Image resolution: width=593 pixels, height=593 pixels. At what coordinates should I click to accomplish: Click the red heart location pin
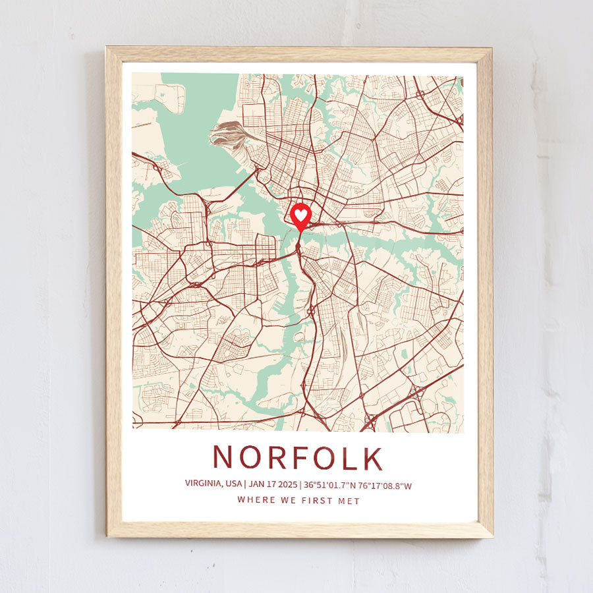[x=300, y=215]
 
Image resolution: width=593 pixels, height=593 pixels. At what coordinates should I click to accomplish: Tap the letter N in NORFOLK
[x=223, y=458]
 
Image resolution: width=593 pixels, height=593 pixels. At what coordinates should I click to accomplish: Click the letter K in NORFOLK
[x=373, y=458]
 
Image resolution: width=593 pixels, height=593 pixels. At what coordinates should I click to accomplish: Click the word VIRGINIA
[x=203, y=484]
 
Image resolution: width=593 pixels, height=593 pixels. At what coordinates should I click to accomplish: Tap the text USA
[x=234, y=484]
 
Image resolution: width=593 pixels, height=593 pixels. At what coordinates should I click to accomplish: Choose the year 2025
[x=287, y=484]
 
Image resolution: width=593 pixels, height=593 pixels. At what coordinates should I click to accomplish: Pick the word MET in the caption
[x=350, y=501]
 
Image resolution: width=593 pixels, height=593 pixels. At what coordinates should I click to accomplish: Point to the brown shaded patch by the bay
[x=227, y=132]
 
